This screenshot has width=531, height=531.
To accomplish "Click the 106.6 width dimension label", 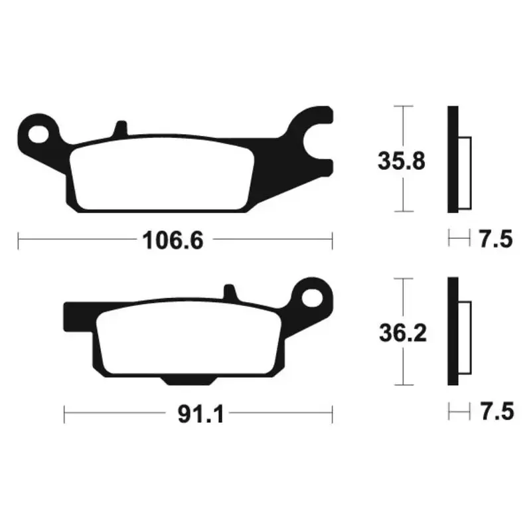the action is click(x=173, y=240).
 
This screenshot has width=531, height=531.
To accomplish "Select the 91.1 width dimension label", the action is click(x=201, y=414).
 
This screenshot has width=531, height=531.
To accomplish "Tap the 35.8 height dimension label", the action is click(x=402, y=161).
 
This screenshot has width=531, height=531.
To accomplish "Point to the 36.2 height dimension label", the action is click(x=403, y=333).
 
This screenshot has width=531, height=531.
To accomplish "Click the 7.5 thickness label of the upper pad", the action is click(x=496, y=239).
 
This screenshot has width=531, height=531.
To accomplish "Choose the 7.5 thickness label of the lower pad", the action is click(x=496, y=412).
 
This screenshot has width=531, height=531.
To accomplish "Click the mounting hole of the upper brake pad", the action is click(x=38, y=134).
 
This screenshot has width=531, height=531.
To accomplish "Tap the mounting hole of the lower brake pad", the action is click(x=311, y=297).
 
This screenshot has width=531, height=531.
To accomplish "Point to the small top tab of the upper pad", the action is click(x=121, y=128).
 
